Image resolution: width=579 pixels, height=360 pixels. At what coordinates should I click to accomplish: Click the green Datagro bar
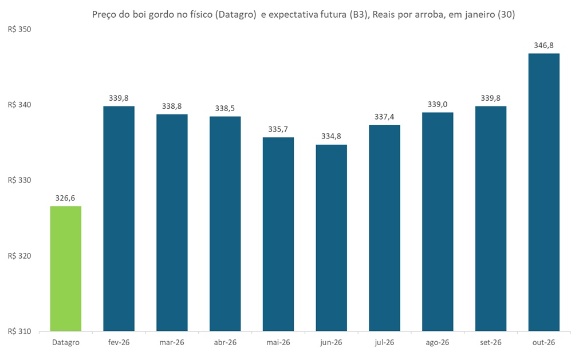coord(66,268)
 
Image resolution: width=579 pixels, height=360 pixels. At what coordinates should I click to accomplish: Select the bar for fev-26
coord(119,219)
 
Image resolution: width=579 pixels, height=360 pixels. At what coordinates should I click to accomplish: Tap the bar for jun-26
coord(331,238)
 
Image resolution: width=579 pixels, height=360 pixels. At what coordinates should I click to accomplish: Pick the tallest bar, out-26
coord(543,192)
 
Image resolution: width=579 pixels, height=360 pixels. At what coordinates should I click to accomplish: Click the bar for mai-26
coord(278,234)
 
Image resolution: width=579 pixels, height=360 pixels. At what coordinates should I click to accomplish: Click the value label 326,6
coord(66,198)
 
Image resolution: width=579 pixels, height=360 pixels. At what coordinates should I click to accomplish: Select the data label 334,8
coord(331,136)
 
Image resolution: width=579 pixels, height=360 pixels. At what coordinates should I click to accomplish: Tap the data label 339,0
coord(438,104)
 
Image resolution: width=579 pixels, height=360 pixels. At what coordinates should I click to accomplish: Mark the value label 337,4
coord(384,117)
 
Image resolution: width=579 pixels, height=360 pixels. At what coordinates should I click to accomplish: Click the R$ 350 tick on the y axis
coord(19,29)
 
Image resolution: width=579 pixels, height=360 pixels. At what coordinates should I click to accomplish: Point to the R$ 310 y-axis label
coord(19,331)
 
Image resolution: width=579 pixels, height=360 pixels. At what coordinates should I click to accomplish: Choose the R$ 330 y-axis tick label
coord(19,180)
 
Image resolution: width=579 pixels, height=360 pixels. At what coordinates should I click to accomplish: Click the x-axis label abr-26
coord(225,342)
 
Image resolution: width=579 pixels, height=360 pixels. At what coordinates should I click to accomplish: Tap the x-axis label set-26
coord(491,342)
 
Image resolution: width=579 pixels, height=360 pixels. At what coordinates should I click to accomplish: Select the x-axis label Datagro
coord(66,342)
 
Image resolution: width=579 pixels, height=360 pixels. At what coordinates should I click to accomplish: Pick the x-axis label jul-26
coord(384,342)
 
